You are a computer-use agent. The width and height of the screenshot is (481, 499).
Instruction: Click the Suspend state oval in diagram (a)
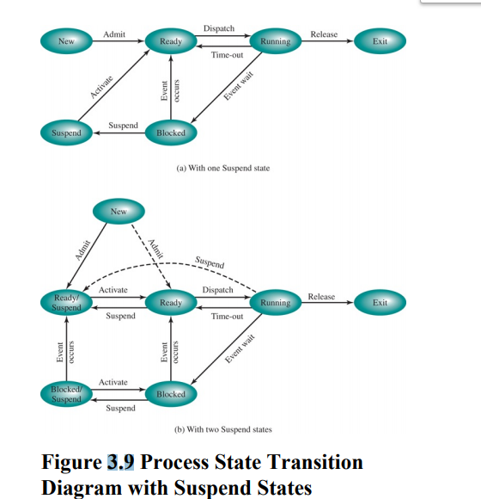point(66,132)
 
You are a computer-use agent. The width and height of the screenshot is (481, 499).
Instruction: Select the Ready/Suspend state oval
point(66,302)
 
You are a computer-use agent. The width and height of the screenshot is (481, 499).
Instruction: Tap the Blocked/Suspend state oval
point(66,394)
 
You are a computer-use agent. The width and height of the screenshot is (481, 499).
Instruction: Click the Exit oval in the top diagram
point(380,40)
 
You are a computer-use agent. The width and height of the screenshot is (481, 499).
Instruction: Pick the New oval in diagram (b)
point(119,212)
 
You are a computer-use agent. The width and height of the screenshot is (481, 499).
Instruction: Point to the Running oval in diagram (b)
point(276,302)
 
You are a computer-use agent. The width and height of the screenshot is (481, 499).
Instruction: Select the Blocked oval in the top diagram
point(171,132)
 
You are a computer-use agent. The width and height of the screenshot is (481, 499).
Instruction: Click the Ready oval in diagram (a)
point(171,40)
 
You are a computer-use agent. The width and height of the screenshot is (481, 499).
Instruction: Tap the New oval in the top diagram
point(66,40)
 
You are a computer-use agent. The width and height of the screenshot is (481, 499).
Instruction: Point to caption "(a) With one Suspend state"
point(222,168)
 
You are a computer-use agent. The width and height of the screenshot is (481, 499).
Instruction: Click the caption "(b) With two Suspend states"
point(222,428)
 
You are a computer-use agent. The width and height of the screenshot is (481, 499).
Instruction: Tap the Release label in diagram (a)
point(324,34)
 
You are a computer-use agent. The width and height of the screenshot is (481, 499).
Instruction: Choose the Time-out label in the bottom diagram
point(227,317)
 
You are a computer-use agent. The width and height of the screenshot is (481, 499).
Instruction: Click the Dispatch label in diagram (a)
point(219,29)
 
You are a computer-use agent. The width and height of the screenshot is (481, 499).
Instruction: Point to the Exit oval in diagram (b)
point(380,302)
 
